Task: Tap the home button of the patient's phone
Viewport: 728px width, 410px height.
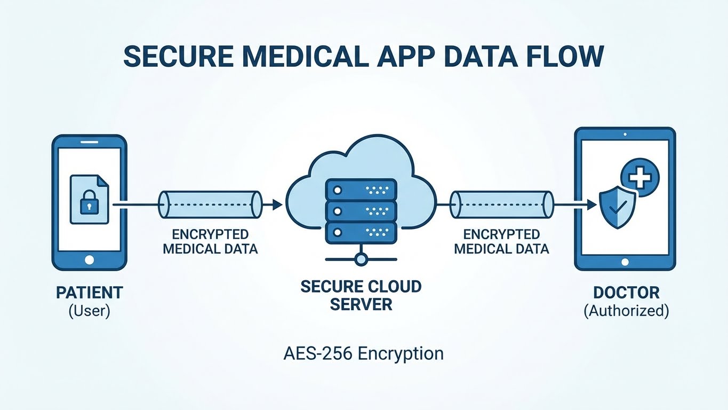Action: (x=89, y=260)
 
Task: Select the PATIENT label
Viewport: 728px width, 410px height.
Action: (x=89, y=293)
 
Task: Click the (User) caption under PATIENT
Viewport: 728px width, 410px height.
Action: (x=89, y=310)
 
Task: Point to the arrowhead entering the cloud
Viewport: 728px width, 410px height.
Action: (x=277, y=204)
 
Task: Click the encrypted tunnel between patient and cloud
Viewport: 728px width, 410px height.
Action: (x=210, y=204)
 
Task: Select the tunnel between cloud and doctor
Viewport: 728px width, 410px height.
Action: (x=501, y=204)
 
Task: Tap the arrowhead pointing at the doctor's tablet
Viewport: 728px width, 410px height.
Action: (x=590, y=204)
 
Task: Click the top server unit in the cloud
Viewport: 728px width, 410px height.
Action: (x=361, y=190)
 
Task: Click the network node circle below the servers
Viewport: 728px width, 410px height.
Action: (x=361, y=260)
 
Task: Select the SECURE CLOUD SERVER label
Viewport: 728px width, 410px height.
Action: (x=361, y=295)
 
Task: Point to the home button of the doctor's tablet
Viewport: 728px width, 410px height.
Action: (x=625, y=263)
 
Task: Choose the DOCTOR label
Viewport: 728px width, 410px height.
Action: (x=626, y=293)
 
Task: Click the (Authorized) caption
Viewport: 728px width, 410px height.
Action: (x=626, y=310)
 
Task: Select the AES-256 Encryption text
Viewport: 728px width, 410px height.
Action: (x=363, y=353)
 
